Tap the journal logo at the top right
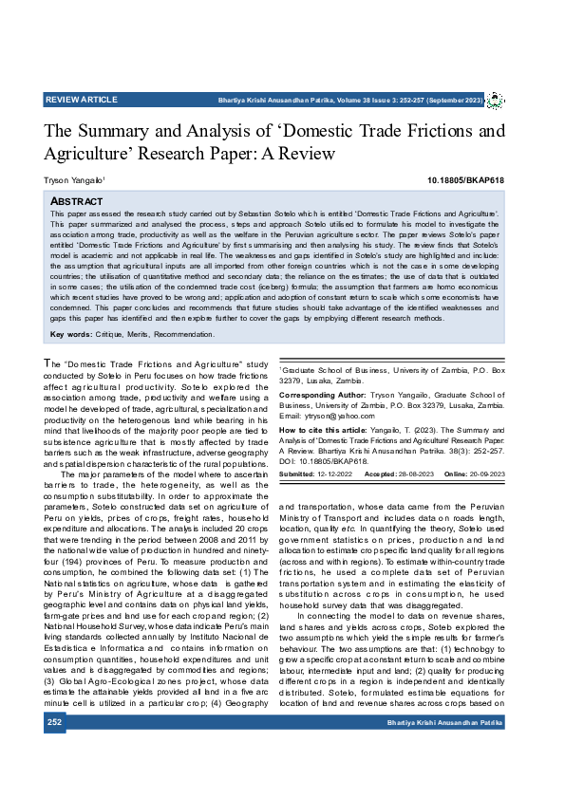point(495,101)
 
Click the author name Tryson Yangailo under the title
point(73,179)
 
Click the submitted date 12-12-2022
point(337,473)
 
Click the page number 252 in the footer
point(55,723)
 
